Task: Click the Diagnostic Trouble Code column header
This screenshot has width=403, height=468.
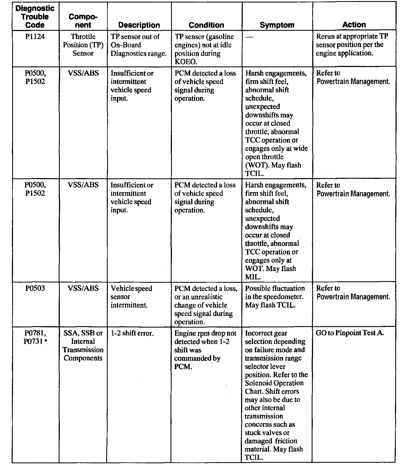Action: (35, 17)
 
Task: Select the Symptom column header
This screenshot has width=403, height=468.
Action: (277, 25)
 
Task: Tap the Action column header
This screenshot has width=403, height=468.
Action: (354, 25)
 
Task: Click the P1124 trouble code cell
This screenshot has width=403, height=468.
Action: (35, 37)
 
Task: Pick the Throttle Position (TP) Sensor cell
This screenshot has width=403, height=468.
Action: (83, 45)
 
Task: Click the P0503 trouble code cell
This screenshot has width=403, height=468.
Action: (35, 289)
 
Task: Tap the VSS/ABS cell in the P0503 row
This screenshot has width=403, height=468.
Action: (83, 289)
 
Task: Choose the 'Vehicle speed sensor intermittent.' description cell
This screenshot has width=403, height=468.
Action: (131, 297)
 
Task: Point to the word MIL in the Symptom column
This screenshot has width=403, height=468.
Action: (252, 277)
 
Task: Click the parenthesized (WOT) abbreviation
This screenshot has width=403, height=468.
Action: (257, 165)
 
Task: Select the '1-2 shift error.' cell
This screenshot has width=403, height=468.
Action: (132, 333)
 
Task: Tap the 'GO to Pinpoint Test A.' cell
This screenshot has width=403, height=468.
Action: (350, 333)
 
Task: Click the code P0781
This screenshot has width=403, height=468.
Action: (35, 333)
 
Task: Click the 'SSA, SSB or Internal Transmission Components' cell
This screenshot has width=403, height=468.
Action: (83, 346)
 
